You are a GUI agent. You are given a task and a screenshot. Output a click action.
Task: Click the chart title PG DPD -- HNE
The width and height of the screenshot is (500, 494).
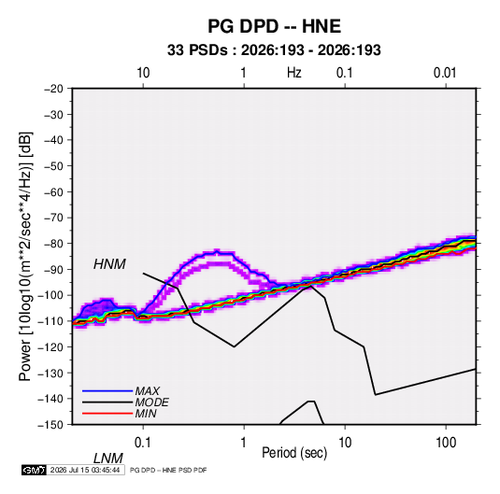274,26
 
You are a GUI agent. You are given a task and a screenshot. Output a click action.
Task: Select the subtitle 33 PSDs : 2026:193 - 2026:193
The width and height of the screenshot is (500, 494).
274,50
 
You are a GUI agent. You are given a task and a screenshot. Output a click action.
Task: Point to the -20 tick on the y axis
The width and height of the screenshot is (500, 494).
53,89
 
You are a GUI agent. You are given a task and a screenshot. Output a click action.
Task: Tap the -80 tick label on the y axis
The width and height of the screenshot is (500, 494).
53,244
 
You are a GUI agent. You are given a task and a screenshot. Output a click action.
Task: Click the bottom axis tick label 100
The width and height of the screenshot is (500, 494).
446,443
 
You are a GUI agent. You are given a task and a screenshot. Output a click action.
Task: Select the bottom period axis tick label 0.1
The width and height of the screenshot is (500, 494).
143,443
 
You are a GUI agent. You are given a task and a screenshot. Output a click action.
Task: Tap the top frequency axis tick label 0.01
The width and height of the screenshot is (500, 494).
445,73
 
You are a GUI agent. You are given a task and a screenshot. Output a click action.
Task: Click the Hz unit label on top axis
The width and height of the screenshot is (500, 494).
294,73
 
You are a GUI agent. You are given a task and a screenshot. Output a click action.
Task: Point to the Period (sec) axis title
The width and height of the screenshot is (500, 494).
294,453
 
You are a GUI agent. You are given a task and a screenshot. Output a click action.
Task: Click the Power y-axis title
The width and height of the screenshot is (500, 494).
25,257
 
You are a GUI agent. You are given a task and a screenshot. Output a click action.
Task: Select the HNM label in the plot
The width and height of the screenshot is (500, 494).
109,264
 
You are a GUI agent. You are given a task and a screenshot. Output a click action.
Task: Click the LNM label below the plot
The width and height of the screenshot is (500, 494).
108,459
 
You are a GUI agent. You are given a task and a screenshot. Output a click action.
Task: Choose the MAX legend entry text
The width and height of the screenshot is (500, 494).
147,391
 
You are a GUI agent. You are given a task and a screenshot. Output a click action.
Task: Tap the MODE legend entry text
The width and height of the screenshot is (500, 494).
151,402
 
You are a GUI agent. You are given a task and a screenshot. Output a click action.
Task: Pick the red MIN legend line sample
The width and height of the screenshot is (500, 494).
107,414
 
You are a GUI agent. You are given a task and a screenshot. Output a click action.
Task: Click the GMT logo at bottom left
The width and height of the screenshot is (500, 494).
34,470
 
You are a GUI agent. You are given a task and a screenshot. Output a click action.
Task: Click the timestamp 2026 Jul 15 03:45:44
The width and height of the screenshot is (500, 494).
85,470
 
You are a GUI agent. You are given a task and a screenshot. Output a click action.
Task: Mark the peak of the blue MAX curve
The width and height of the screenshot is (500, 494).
217,251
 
